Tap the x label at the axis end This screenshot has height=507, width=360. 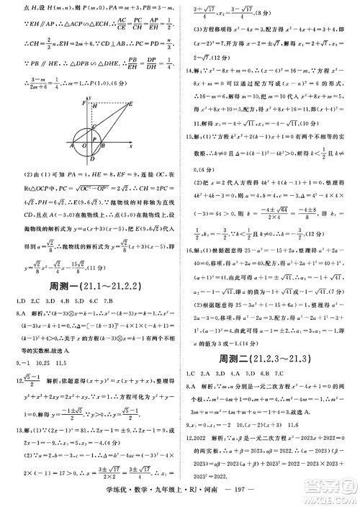click(130, 146)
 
